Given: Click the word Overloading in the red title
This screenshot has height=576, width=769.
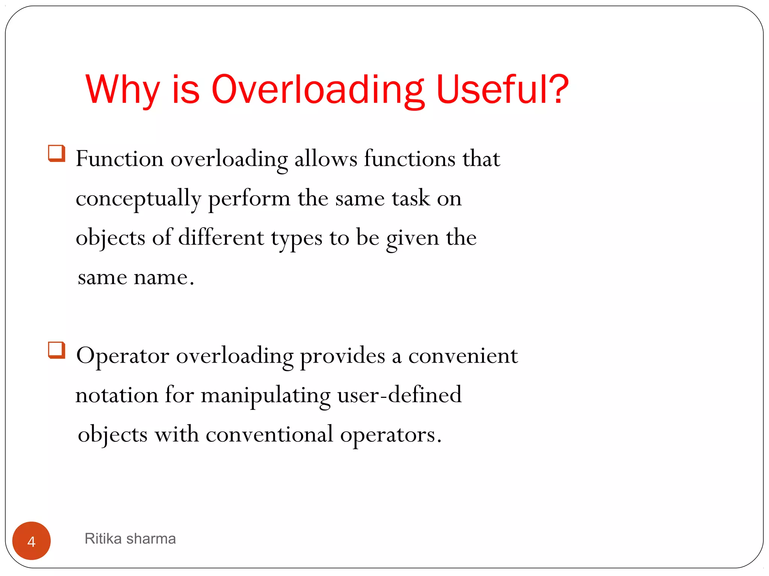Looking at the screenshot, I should pos(318,90).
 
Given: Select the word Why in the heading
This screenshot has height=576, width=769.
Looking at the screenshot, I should pos(122,90).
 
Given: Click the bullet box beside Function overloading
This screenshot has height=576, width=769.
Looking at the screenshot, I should pos(57,153).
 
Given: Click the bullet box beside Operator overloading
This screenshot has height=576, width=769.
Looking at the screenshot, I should pos(57,350).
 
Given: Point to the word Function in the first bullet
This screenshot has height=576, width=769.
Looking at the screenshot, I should pos(119,159).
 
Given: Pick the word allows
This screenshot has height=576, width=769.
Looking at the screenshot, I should pos(326,159).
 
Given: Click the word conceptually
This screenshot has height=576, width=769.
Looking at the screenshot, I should pos(138,199).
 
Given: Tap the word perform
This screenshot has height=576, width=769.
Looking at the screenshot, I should pos(249,199).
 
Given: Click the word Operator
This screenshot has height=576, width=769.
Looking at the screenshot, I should pos(122,356).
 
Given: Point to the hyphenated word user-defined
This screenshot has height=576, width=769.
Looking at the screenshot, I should pos(399,395).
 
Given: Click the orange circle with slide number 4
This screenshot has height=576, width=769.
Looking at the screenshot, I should pos(32,541).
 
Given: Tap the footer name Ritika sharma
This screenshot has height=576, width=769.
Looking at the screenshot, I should pos(130,539).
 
